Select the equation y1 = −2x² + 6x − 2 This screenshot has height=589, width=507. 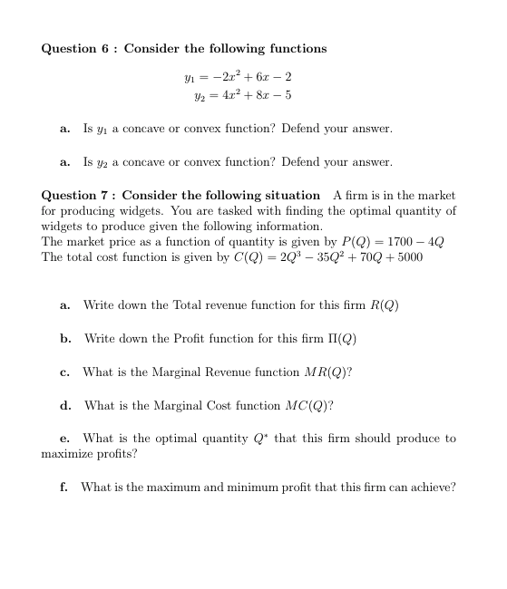tap(237, 77)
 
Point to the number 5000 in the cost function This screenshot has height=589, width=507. tap(405, 257)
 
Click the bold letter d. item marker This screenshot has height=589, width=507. tap(65, 405)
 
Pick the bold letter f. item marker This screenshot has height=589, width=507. tap(64, 487)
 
